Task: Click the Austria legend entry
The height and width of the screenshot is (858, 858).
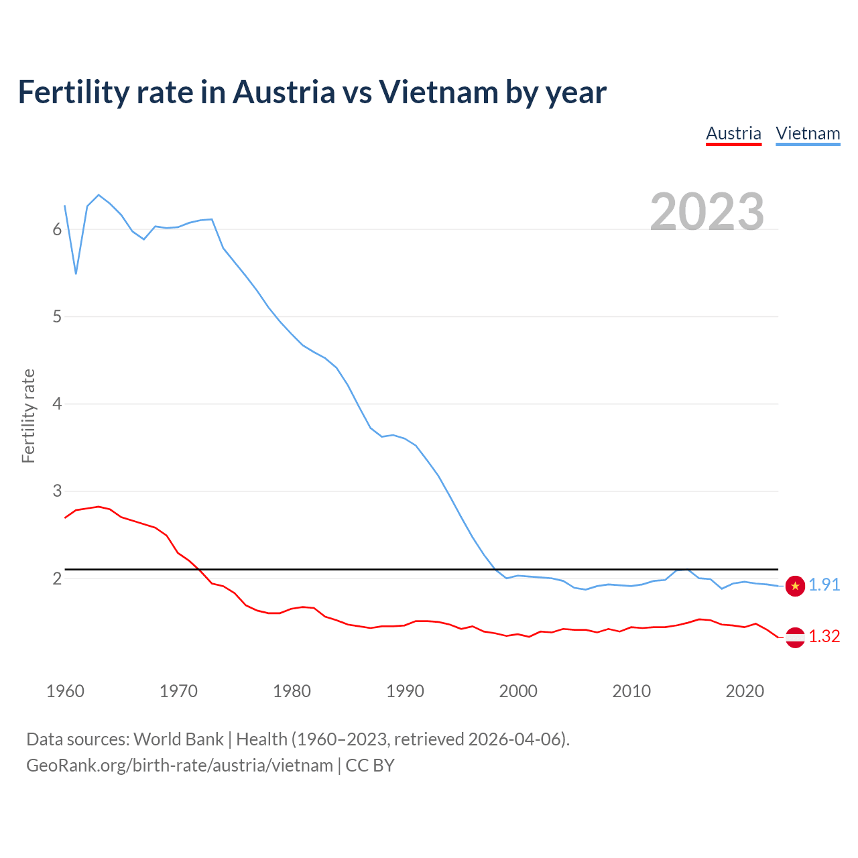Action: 733,133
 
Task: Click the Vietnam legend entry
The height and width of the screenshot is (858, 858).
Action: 808,133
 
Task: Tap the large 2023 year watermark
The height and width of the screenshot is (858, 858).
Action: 707,211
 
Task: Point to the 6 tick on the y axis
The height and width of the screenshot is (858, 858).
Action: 57,229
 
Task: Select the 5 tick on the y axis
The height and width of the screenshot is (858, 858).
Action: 57,316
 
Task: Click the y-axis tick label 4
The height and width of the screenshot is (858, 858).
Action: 57,404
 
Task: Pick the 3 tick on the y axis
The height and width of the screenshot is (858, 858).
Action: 57,491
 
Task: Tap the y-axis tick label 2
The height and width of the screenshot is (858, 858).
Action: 57,578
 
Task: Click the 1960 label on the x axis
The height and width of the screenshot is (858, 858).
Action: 65,691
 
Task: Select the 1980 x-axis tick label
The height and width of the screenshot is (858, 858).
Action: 292,691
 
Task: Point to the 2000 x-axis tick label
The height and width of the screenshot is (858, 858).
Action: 518,691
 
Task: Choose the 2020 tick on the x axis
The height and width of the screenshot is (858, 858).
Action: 745,691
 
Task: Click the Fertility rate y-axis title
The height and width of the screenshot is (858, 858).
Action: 28,416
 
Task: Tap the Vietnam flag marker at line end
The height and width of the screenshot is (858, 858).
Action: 795,586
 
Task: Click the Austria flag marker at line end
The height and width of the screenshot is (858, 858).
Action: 795,637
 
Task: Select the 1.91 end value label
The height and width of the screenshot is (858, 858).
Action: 824,585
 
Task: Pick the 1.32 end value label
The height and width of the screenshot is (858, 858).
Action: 824,637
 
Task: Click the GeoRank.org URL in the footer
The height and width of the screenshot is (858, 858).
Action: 180,765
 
